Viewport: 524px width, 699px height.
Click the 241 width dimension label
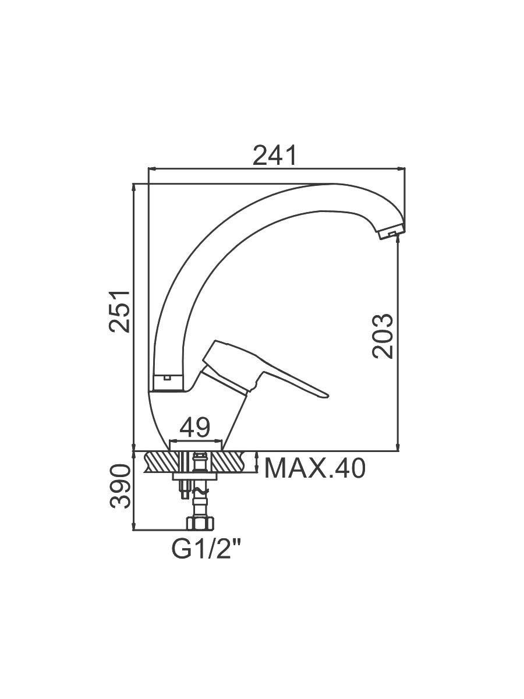click(x=275, y=155)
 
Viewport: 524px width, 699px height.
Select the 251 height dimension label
click(x=119, y=312)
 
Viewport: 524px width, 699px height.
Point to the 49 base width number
click(x=194, y=427)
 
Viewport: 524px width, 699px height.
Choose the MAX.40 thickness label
click(x=315, y=468)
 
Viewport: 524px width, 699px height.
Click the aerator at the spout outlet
click(x=391, y=231)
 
